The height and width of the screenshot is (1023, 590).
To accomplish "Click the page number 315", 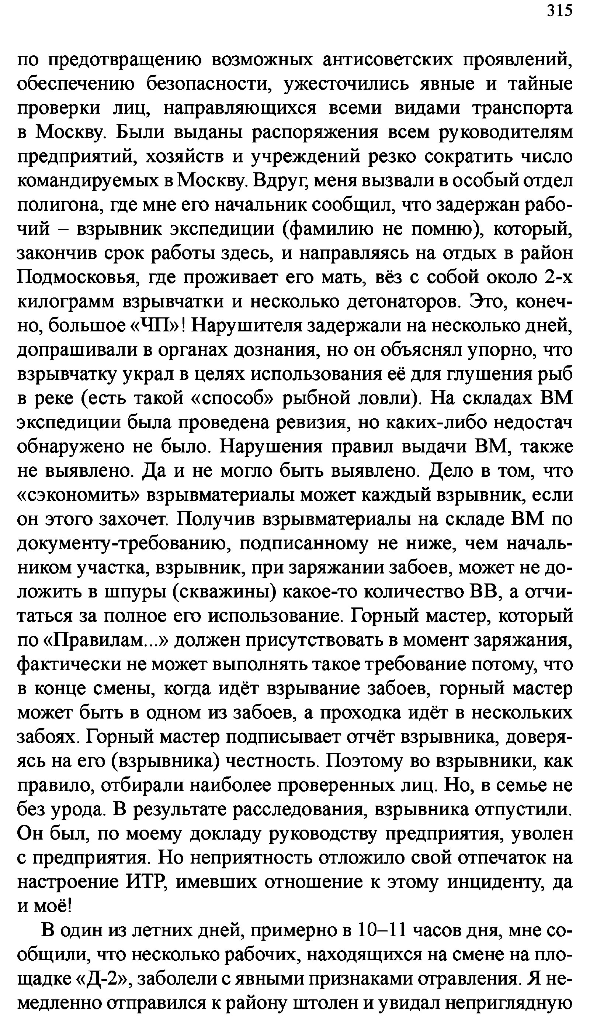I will tap(560, 11).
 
